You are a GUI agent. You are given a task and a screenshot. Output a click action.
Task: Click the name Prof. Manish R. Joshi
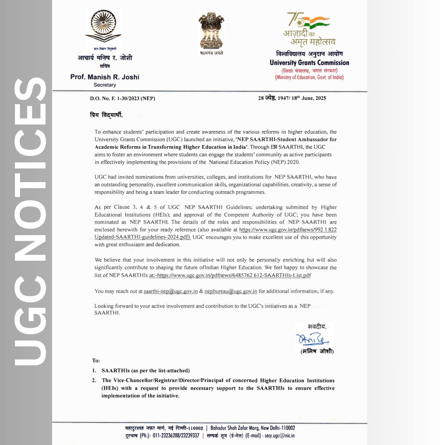tap(105, 77)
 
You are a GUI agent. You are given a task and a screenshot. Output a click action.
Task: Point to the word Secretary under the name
tap(105, 85)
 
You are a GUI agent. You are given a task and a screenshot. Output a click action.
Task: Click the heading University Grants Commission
tap(309, 63)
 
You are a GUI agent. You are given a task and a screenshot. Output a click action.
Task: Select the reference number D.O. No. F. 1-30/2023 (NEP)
tap(122, 98)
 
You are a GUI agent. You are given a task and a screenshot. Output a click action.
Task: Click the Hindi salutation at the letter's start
tap(108, 115)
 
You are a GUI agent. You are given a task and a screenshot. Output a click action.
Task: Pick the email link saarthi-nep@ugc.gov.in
tap(171, 291)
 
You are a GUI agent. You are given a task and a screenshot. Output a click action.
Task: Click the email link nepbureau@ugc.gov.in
tap(231, 291)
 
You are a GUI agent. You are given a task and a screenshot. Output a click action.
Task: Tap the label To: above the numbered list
tap(96, 360)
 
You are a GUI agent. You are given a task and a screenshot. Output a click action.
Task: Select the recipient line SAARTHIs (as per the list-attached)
tap(146, 370)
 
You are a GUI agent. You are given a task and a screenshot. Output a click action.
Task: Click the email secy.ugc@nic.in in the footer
tap(280, 436)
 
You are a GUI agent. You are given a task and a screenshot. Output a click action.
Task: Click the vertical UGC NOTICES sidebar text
tap(26, 222)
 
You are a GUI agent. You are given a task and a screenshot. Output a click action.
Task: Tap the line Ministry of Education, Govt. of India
tap(309, 78)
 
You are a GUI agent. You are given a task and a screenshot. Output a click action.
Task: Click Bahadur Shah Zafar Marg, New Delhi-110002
tap(253, 428)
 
